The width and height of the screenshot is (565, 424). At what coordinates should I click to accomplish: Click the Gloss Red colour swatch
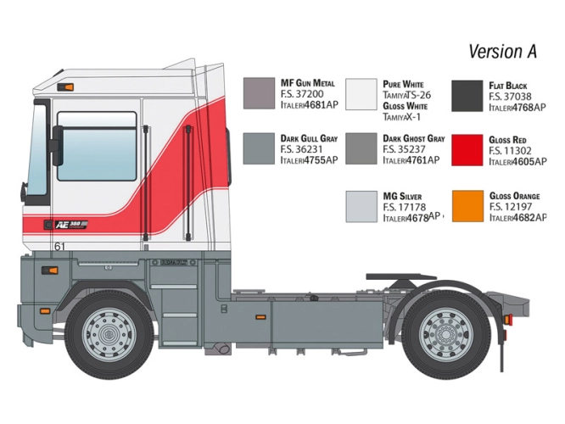[467, 150]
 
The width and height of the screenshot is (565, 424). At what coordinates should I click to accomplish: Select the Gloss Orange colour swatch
[467, 206]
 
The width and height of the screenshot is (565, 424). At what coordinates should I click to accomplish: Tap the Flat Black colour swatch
[467, 96]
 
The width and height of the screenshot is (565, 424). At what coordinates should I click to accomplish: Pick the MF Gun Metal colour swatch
[259, 93]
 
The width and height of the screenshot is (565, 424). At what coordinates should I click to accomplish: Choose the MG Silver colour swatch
[361, 206]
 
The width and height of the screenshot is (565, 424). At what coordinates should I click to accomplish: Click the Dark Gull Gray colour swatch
[259, 148]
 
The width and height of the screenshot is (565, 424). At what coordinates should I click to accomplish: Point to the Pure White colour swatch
[361, 94]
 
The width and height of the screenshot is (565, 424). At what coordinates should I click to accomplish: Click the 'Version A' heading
[503, 52]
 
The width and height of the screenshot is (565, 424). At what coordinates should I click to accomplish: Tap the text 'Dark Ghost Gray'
[414, 139]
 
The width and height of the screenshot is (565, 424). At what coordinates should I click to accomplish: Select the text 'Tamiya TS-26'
[407, 95]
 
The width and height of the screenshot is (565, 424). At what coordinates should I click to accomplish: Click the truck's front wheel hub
[109, 335]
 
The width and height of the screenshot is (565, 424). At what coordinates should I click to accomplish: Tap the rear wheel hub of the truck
[445, 333]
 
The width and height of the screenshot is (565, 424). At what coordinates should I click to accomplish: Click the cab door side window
[97, 146]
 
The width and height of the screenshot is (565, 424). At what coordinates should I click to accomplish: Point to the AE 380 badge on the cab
[71, 225]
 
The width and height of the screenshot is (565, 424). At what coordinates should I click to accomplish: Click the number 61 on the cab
[59, 247]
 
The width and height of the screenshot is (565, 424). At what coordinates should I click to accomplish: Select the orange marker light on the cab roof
[65, 86]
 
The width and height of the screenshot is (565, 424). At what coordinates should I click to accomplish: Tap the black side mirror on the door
[58, 145]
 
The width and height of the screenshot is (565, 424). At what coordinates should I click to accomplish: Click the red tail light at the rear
[507, 320]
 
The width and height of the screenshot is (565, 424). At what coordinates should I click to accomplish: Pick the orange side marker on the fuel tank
[260, 317]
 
